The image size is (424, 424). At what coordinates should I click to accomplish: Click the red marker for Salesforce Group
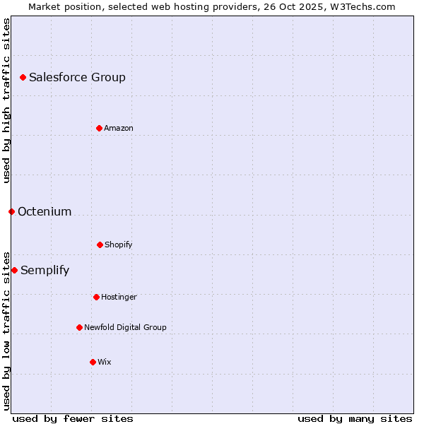[23, 77]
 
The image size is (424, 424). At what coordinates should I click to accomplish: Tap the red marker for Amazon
[99, 128]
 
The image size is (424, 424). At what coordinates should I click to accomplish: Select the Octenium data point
[11, 211]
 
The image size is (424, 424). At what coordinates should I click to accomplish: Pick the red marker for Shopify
[100, 245]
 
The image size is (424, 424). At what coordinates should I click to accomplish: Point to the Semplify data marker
[14, 270]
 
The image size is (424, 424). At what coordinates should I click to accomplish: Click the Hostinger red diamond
[96, 297]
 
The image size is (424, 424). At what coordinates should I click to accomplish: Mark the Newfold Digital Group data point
[79, 327]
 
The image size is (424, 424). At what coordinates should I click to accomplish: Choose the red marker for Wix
[93, 362]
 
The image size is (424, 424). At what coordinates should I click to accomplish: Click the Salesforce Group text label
[77, 78]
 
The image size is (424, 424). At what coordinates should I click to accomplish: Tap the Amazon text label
[119, 129]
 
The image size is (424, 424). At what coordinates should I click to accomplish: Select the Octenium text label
[45, 212]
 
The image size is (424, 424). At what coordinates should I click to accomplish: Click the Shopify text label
[119, 245]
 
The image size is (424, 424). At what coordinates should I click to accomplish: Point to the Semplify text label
[45, 271]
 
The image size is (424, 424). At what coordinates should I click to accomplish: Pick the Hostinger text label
[119, 298]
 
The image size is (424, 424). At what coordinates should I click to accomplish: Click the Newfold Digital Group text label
[125, 328]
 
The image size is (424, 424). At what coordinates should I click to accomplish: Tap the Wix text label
[105, 363]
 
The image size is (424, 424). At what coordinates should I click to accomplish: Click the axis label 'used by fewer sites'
[73, 418]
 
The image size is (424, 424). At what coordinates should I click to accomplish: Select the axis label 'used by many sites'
[355, 418]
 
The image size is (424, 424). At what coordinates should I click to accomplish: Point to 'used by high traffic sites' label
[6, 100]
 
